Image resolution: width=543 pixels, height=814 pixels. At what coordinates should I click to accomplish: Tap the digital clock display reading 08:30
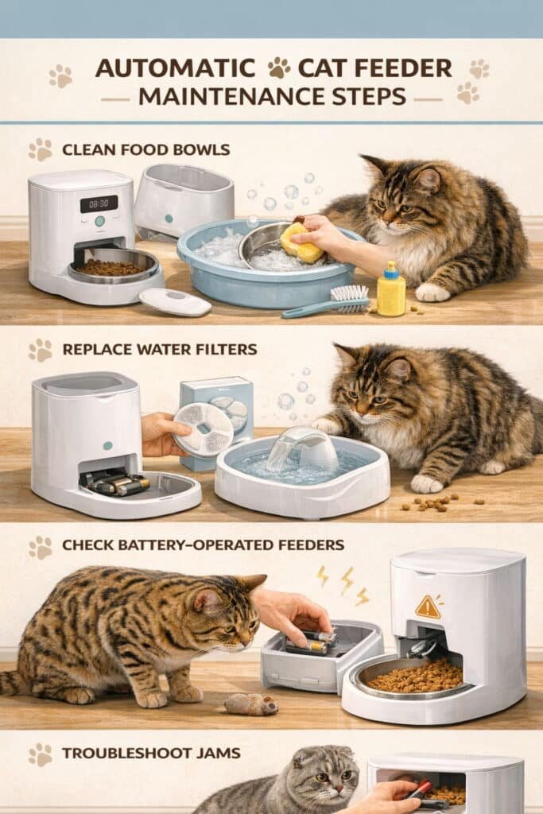pyautogui.click(x=99, y=204)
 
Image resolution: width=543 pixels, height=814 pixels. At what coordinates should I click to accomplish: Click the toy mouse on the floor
pyautogui.click(x=251, y=704)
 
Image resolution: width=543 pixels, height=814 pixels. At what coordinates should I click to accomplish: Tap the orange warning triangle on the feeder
pyautogui.click(x=428, y=607)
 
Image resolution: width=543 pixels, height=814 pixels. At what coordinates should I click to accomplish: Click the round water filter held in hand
pyautogui.click(x=203, y=430)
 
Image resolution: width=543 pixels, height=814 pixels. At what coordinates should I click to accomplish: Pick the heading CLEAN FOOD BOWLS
pyautogui.click(x=145, y=150)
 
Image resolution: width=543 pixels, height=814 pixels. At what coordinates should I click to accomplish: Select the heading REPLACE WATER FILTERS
pyautogui.click(x=160, y=349)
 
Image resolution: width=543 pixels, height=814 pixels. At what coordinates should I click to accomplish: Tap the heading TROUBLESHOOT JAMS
pyautogui.click(x=151, y=753)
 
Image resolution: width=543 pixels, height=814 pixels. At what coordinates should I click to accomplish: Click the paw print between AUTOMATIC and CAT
pyautogui.click(x=278, y=68)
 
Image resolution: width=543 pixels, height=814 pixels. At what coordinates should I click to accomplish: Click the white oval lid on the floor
pyautogui.click(x=175, y=302)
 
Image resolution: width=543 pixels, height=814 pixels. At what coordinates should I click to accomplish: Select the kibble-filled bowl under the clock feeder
pyautogui.click(x=114, y=266)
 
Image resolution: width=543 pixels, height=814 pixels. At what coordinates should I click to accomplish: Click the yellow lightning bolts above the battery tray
pyautogui.click(x=343, y=583)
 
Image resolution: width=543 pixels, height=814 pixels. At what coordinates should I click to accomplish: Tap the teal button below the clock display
pyautogui.click(x=99, y=221)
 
